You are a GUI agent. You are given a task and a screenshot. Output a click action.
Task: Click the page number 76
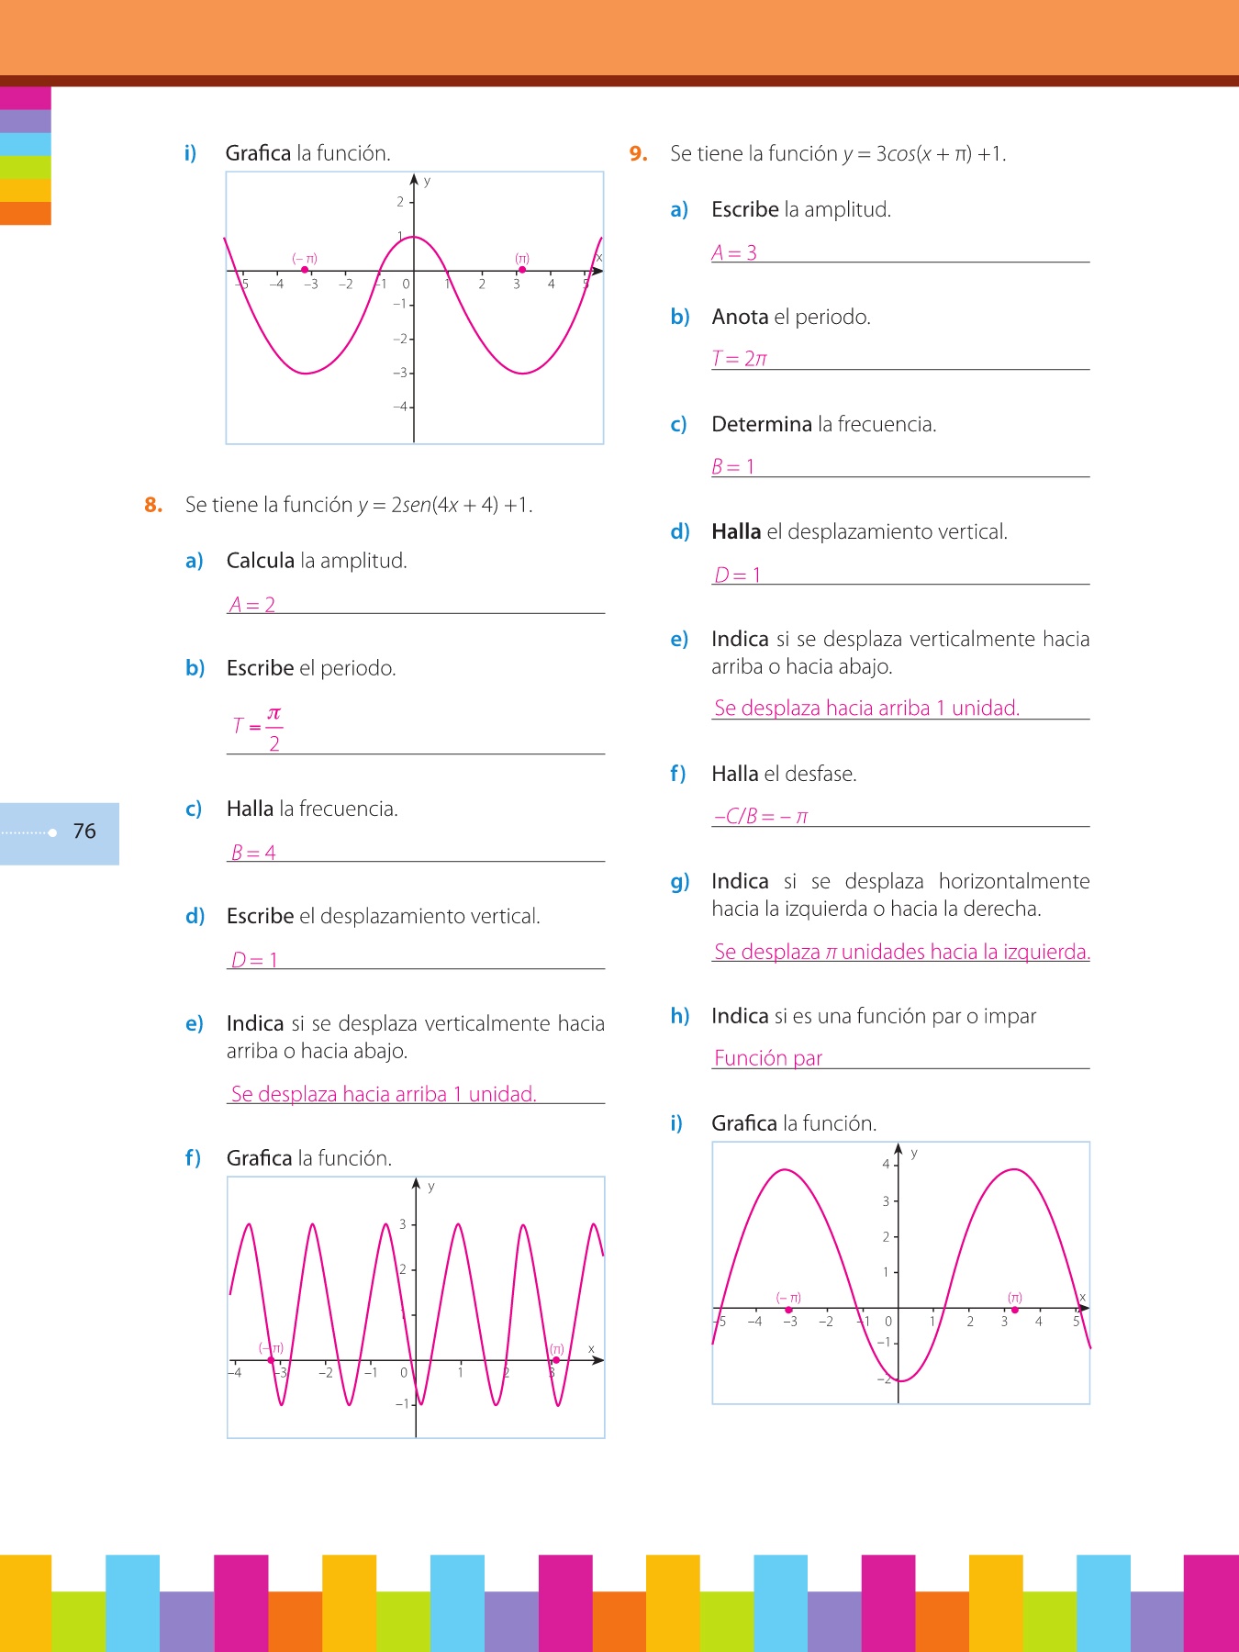(84, 832)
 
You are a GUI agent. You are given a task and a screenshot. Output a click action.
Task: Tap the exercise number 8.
(153, 505)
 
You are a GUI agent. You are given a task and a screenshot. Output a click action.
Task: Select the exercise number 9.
(639, 154)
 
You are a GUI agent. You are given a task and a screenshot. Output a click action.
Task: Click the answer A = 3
(734, 252)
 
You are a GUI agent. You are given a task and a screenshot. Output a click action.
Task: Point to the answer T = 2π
(740, 359)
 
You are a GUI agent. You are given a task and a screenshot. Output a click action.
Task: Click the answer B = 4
(253, 853)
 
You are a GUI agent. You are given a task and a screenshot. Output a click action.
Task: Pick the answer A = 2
(252, 605)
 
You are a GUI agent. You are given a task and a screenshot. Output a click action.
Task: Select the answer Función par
(768, 1058)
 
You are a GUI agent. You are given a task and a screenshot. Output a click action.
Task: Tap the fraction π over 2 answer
(273, 728)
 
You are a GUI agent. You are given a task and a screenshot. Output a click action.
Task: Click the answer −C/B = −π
(761, 816)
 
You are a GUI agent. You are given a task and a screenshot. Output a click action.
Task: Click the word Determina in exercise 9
(762, 424)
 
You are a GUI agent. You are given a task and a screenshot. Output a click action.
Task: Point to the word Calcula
(261, 561)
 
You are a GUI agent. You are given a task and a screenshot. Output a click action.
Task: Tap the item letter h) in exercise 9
(680, 1016)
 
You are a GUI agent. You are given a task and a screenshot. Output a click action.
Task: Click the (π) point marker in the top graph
(522, 270)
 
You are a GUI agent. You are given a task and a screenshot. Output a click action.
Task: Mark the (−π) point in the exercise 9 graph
(788, 1310)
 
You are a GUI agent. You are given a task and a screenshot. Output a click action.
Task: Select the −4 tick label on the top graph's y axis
(401, 406)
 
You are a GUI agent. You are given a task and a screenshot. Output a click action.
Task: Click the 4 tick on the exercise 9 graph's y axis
(886, 1164)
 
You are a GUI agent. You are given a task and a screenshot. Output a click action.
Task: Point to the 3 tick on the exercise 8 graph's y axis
(402, 1224)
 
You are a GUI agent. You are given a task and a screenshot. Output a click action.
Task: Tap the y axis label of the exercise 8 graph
(431, 1187)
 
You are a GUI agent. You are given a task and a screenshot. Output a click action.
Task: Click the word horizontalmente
(1014, 881)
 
